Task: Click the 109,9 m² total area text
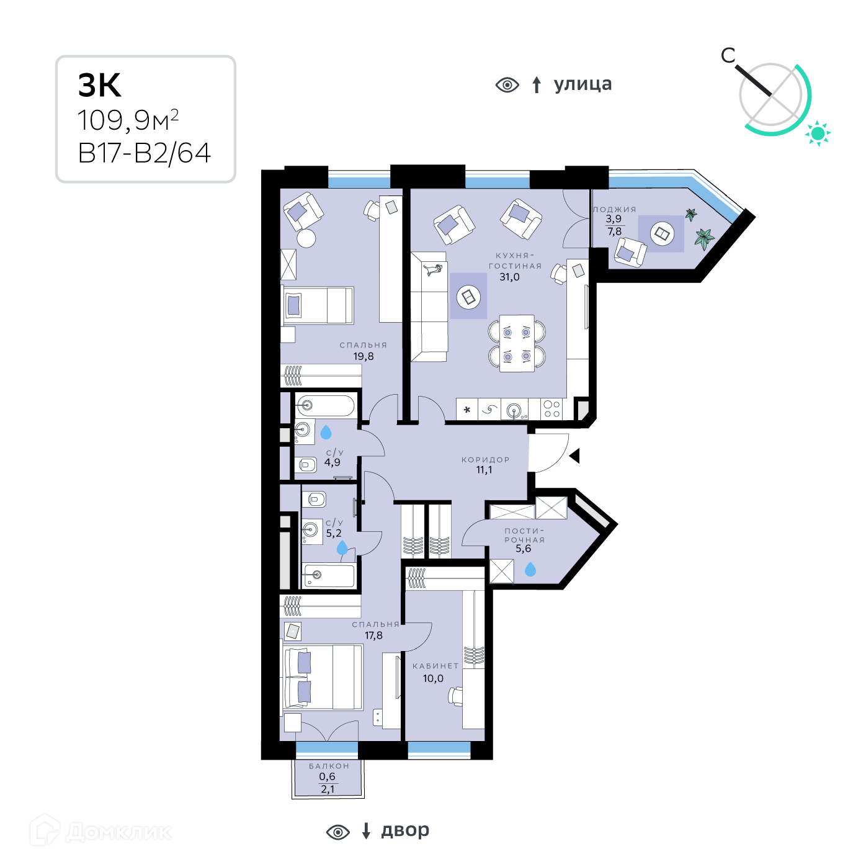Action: coord(128,120)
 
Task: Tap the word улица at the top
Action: coord(583,84)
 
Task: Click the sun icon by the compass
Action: coord(818,133)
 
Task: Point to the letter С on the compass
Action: coord(728,56)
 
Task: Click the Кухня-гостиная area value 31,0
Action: coord(509,277)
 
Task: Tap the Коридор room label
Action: coord(485,460)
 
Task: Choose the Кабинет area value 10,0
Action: coord(433,678)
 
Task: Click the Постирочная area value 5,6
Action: coord(523,549)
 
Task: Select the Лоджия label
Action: coord(615,209)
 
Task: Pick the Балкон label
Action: coord(329,766)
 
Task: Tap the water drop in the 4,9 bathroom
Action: coord(326,432)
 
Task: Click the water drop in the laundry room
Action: coord(530,569)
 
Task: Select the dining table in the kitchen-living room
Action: coord(517,343)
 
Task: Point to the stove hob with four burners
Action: coord(551,409)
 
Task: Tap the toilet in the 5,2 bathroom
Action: coord(314,500)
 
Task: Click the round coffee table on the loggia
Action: coord(662,233)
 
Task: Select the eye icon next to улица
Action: coord(507,84)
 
